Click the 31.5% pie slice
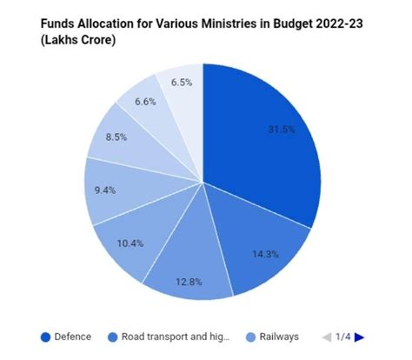[265, 139]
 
